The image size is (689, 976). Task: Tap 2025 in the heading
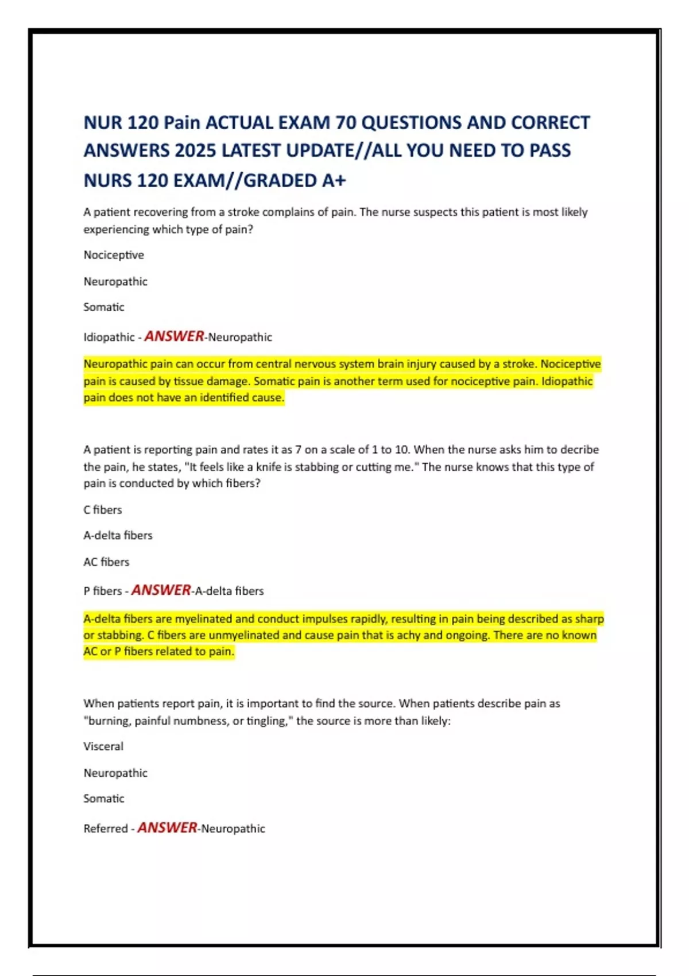click(x=195, y=151)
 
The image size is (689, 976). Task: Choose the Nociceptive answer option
click(x=114, y=255)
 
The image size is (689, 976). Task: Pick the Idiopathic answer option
click(x=109, y=338)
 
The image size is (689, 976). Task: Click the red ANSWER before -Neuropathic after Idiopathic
click(x=174, y=336)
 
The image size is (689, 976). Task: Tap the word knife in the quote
click(x=269, y=467)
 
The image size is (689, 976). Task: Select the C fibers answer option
click(x=103, y=510)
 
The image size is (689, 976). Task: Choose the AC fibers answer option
click(x=106, y=562)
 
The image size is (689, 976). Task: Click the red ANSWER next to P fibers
click(x=161, y=590)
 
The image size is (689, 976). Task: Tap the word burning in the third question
click(x=107, y=721)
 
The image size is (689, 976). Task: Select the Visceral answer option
click(x=103, y=746)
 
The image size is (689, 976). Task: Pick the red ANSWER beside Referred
click(x=167, y=828)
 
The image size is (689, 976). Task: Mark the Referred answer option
click(x=106, y=829)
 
